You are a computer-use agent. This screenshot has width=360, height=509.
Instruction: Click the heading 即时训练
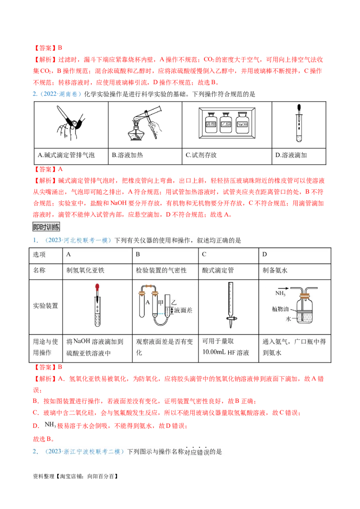(x=46, y=227)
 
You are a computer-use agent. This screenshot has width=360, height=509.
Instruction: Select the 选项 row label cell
(x=40, y=254)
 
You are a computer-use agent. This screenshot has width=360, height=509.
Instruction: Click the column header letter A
(x=69, y=254)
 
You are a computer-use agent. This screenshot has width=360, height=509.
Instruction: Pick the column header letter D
(x=265, y=254)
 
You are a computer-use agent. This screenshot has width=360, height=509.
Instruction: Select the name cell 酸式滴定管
(x=218, y=271)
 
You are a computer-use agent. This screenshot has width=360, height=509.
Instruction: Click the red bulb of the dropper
(x=97, y=286)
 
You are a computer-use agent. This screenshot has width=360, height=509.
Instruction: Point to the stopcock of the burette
(x=231, y=320)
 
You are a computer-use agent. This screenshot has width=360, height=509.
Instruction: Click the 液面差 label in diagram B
(x=183, y=310)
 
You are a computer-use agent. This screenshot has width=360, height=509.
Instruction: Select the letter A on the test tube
(x=147, y=302)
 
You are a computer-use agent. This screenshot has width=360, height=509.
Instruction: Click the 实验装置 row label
(x=45, y=305)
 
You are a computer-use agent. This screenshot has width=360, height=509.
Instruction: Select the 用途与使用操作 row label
(x=45, y=347)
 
